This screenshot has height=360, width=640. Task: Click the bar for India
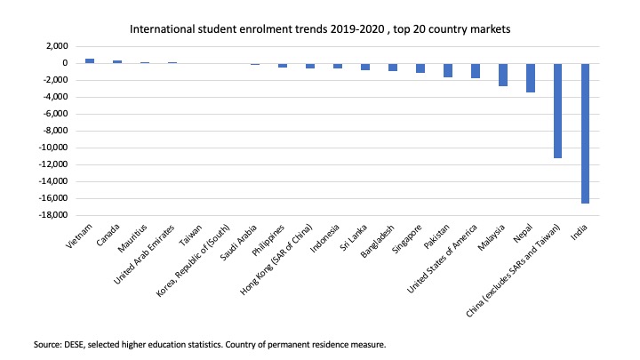(585, 133)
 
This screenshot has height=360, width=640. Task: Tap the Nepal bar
(531, 77)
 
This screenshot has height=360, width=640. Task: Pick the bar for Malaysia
(503, 75)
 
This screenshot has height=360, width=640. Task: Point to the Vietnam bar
(90, 60)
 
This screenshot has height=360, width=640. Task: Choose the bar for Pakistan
(448, 70)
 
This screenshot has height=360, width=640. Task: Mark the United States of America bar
(476, 70)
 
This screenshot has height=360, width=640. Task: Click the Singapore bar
(420, 68)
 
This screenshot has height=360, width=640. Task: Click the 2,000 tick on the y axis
(57, 46)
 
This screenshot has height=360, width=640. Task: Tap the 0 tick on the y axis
(65, 63)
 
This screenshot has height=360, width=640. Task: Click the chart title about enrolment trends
(320, 29)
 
